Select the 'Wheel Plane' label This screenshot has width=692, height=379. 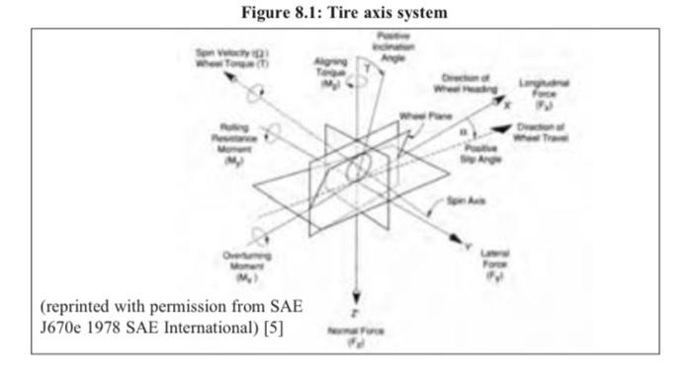click(x=425, y=115)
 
